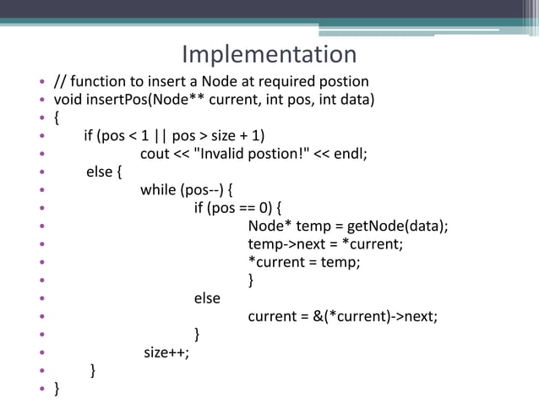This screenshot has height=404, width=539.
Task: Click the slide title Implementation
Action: coord(269,55)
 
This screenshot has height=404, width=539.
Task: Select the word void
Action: coord(68,101)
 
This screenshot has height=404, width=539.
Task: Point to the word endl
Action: coord(350,154)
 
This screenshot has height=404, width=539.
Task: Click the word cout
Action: coord(155,154)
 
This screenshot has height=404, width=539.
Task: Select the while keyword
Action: coord(158,189)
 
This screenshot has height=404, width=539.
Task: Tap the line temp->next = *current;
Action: coord(325,244)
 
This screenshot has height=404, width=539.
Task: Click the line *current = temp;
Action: coord(303,262)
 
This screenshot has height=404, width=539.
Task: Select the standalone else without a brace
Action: coord(207,298)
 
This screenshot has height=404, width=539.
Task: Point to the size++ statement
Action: coord(166,352)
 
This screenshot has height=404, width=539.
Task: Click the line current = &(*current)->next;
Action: coord(343,317)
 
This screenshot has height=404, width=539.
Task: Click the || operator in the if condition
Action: coord(157,136)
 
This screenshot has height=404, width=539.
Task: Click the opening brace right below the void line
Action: coord(56,117)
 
